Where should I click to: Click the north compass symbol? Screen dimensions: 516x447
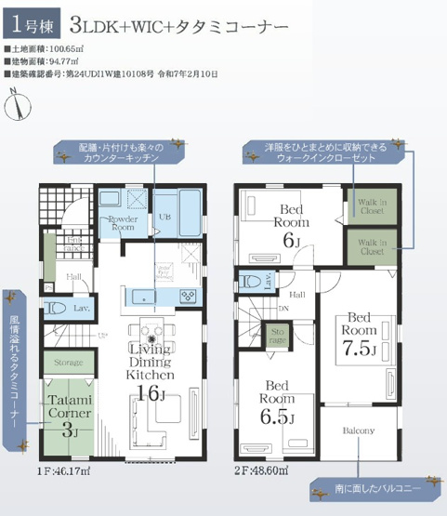[x=16, y=103]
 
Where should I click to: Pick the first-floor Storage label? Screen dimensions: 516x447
[x=69, y=362]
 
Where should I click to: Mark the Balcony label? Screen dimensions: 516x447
[x=359, y=430]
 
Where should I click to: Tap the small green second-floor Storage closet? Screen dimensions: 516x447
[x=277, y=334]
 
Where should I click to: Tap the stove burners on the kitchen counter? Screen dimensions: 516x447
[x=187, y=296]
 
